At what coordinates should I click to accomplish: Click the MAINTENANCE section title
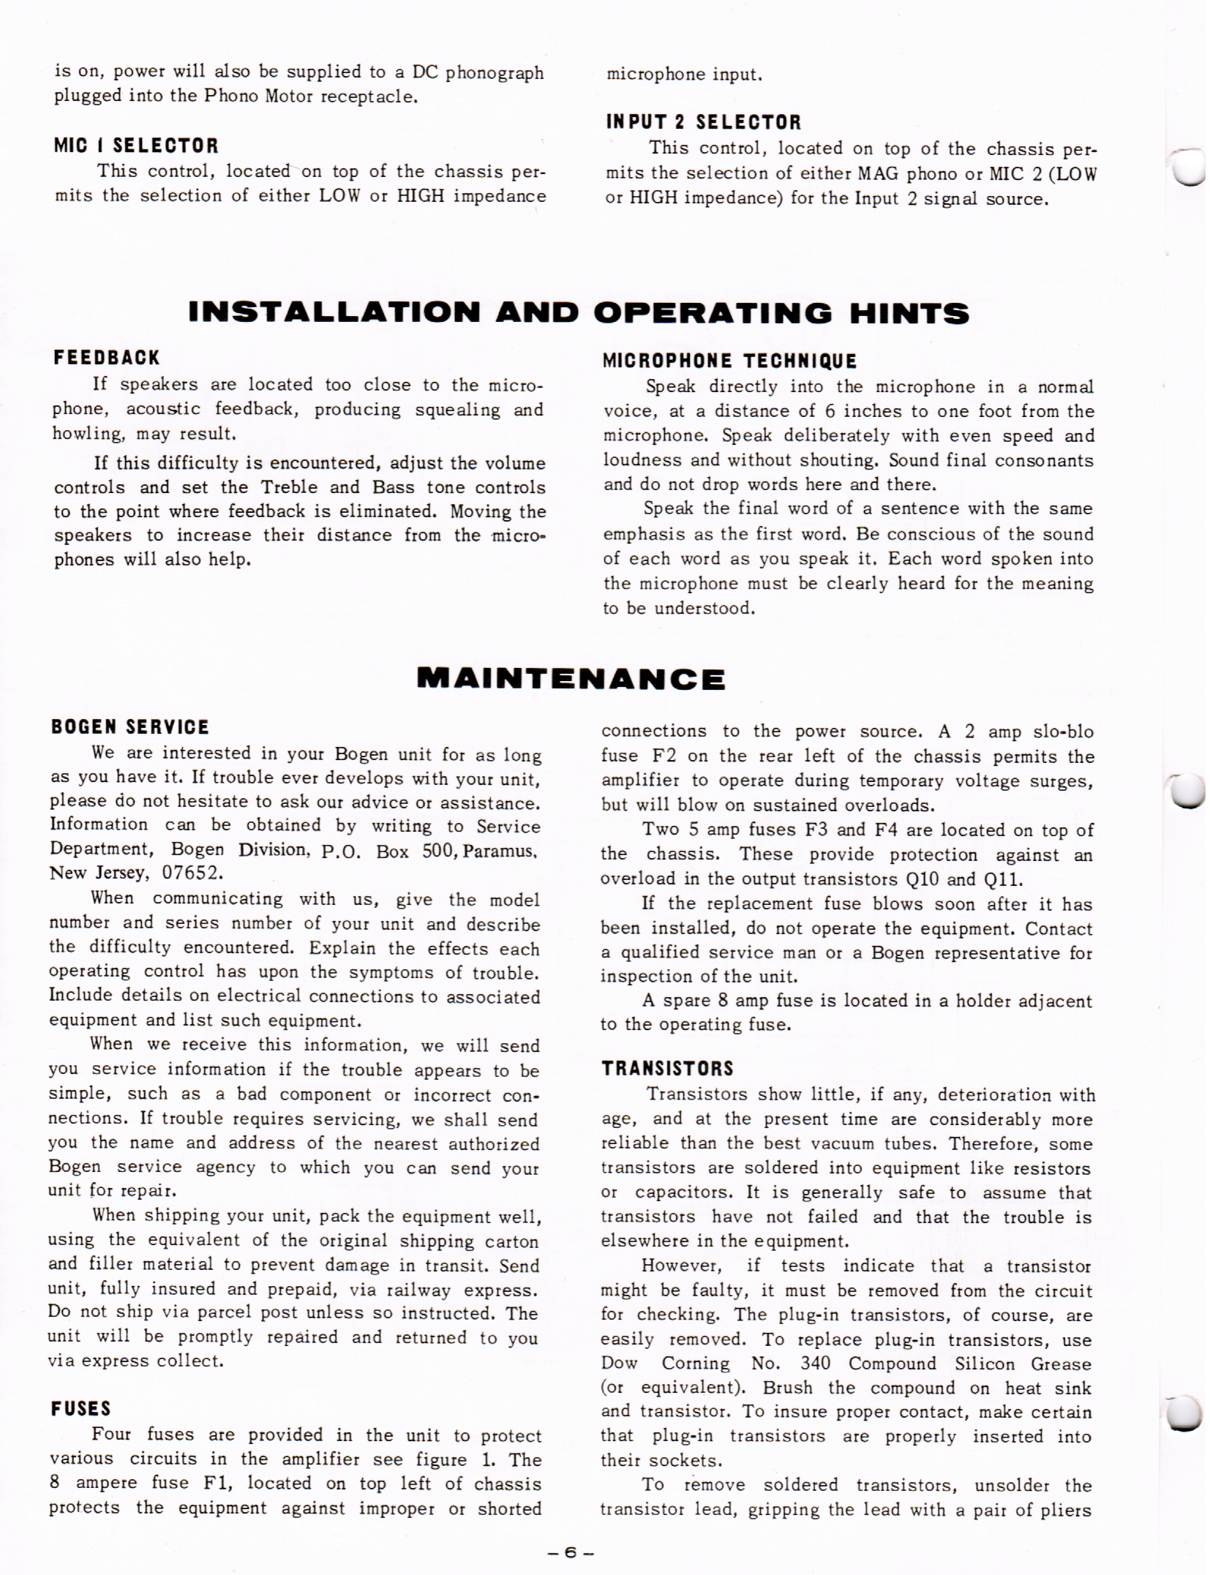click(571, 679)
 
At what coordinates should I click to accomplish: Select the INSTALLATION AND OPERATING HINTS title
click(578, 313)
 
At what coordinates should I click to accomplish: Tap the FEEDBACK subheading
click(107, 358)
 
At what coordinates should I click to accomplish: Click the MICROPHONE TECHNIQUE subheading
click(730, 361)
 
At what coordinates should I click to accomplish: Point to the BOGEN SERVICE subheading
click(130, 727)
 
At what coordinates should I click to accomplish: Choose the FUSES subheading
click(81, 1409)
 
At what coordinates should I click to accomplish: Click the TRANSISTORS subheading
click(667, 1069)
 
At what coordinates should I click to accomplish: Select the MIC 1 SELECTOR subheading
click(137, 145)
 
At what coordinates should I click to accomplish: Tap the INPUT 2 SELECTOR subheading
click(704, 121)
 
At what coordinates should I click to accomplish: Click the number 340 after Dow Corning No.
click(815, 1364)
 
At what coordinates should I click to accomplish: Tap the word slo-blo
click(1064, 732)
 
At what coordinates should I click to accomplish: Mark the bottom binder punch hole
click(1184, 1413)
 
